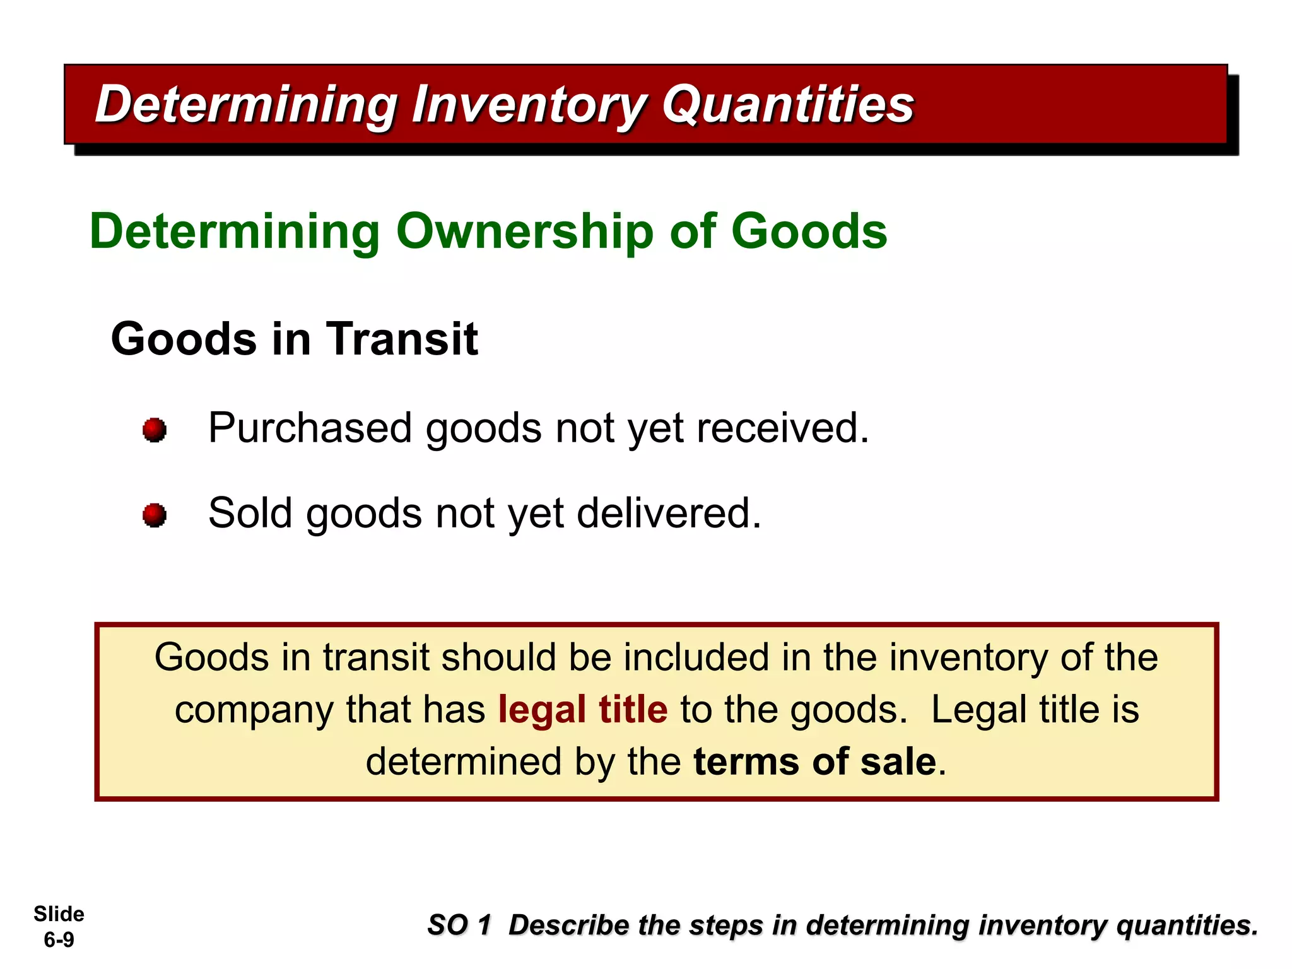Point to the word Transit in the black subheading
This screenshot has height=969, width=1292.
(401, 339)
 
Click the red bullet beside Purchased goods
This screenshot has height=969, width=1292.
(155, 430)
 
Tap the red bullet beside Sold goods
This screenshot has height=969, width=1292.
(155, 515)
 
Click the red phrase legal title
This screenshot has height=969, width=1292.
(582, 709)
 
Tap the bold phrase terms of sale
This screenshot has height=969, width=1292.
(814, 761)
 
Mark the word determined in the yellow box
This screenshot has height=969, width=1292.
(464, 761)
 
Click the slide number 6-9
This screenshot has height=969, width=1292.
(59, 940)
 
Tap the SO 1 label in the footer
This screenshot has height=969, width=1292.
(459, 925)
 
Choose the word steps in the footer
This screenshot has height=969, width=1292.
(725, 925)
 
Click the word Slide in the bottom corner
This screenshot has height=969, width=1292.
(59, 914)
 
